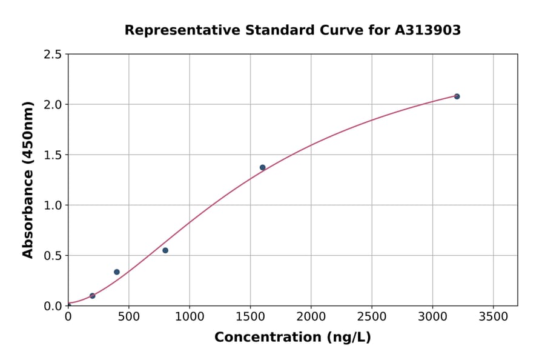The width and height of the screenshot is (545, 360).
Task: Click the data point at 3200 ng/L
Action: tap(457, 96)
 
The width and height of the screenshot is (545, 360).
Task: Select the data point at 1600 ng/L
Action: tap(262, 167)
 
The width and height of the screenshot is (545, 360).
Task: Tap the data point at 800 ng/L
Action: tap(165, 250)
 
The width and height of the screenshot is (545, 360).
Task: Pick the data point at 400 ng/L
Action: tap(117, 272)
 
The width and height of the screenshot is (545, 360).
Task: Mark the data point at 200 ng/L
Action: tap(92, 296)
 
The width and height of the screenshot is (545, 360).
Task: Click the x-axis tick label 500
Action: tap(128, 317)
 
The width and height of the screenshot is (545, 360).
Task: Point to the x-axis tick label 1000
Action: tap(190, 317)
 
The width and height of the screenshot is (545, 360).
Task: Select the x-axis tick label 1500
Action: tap(250, 317)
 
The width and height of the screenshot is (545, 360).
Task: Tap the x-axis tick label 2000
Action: tap(311, 317)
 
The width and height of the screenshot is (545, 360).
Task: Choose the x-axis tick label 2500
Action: tap(372, 317)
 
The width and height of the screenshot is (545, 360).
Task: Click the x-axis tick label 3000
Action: tap(432, 317)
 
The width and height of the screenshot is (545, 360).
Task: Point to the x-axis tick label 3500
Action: tap(493, 317)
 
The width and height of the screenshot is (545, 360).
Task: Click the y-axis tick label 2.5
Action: tap(53, 55)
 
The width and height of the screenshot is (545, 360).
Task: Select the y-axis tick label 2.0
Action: tap(53, 105)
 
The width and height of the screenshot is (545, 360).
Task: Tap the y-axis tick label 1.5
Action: tap(53, 155)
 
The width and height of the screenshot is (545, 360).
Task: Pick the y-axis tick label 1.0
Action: tap(53, 205)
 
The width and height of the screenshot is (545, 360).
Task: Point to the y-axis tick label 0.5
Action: tap(53, 256)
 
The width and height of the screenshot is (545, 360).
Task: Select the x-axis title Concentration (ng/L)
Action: tap(292, 338)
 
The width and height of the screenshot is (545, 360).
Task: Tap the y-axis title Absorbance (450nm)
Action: tap(28, 180)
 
